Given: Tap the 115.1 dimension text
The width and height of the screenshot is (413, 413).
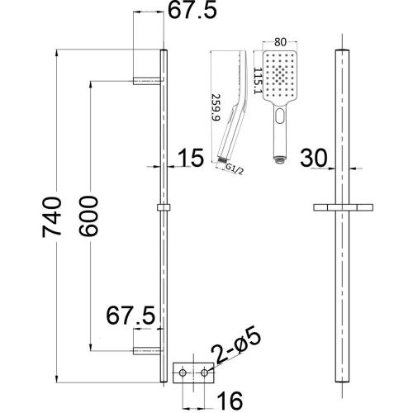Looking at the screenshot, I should click(259, 80).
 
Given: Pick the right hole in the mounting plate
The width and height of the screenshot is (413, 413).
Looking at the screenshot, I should click(203, 376).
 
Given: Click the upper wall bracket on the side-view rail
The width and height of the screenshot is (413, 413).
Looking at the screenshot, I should click(147, 81).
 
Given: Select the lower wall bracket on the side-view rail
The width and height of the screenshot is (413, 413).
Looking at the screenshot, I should click(147, 353).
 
